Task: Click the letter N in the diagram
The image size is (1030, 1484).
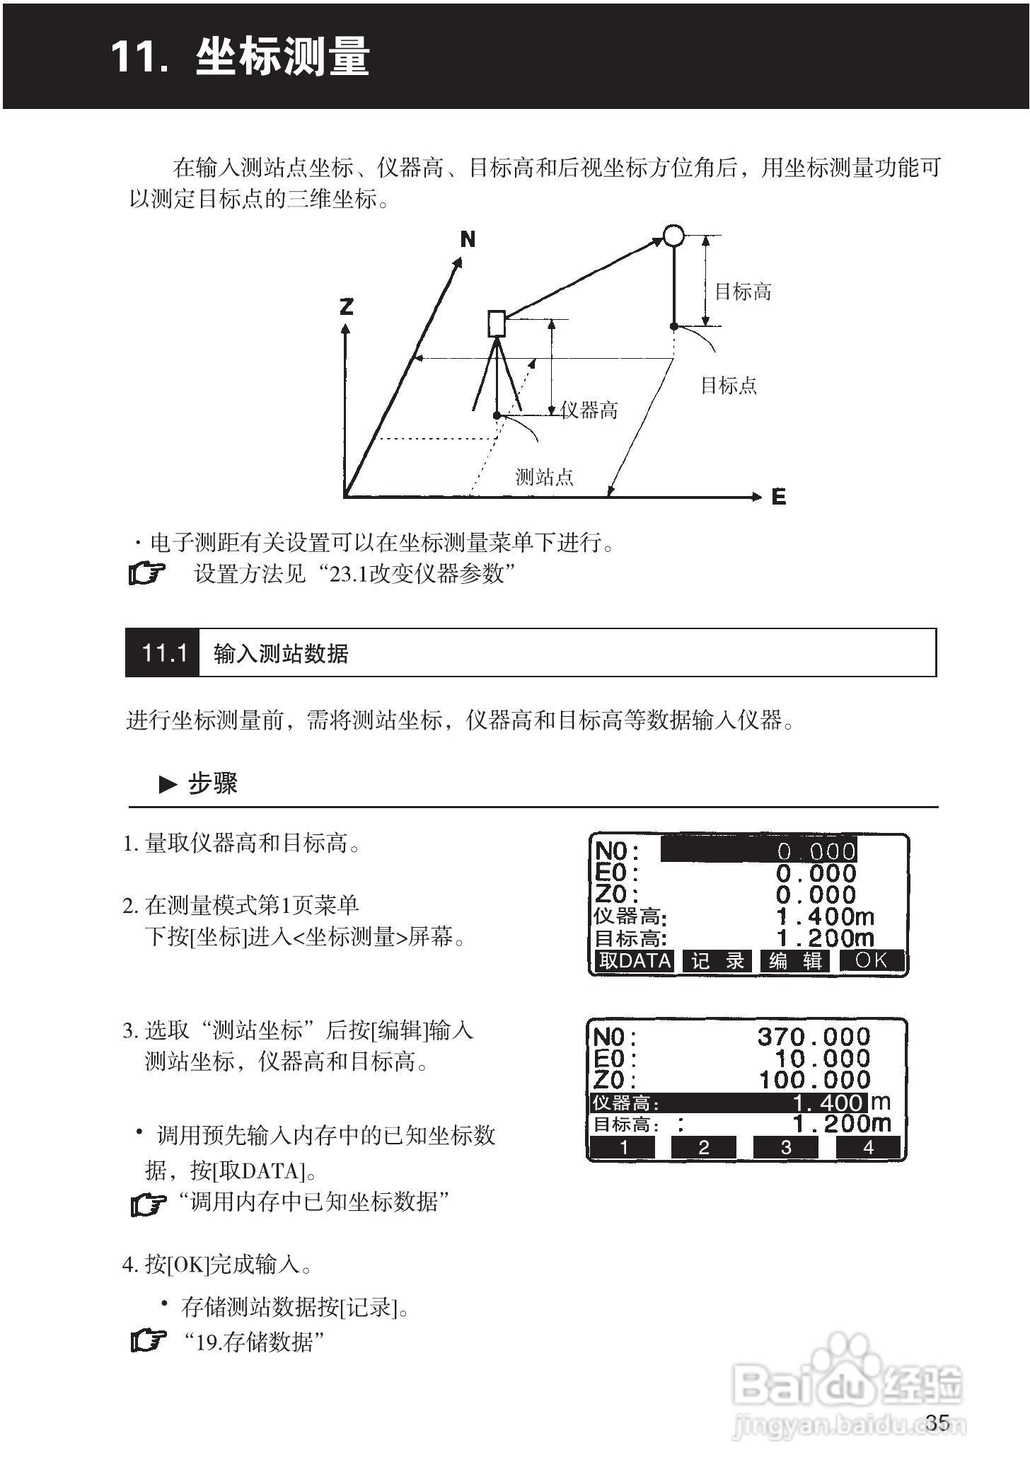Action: tap(468, 239)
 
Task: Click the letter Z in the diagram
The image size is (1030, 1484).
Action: tap(346, 306)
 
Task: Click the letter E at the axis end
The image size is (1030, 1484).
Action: tap(779, 497)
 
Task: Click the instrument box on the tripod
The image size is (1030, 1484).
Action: tap(497, 323)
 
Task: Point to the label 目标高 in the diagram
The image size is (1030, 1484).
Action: tap(743, 292)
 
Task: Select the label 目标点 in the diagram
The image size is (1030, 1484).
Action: tap(729, 386)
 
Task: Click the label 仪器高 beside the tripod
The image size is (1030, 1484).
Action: tap(589, 410)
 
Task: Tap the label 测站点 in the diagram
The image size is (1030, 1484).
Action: tap(544, 477)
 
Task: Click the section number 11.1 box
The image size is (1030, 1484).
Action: tap(163, 652)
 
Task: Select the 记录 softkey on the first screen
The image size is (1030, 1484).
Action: tap(718, 961)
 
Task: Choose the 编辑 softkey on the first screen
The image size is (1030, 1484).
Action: tap(796, 961)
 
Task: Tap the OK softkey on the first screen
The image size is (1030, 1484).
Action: tap(872, 960)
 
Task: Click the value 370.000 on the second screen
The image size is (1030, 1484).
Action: tap(814, 1037)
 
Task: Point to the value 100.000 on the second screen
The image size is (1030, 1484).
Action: tap(814, 1080)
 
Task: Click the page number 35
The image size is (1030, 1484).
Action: tap(937, 1422)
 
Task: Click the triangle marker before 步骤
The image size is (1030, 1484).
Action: tap(168, 784)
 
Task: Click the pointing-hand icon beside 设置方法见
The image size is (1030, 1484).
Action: tap(147, 573)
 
